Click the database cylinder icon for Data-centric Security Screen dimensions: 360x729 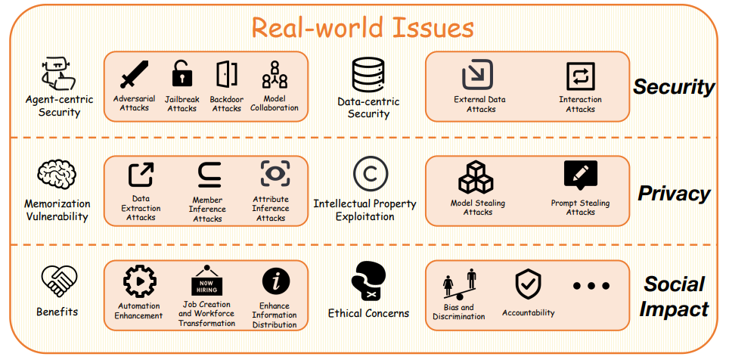click(368, 76)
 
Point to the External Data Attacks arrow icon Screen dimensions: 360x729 click(478, 76)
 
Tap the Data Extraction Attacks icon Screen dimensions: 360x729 click(141, 175)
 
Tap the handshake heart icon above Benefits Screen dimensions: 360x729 click(58, 281)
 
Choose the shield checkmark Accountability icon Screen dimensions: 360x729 click(528, 285)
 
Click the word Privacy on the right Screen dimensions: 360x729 click(674, 194)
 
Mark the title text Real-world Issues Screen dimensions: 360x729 click(362, 28)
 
